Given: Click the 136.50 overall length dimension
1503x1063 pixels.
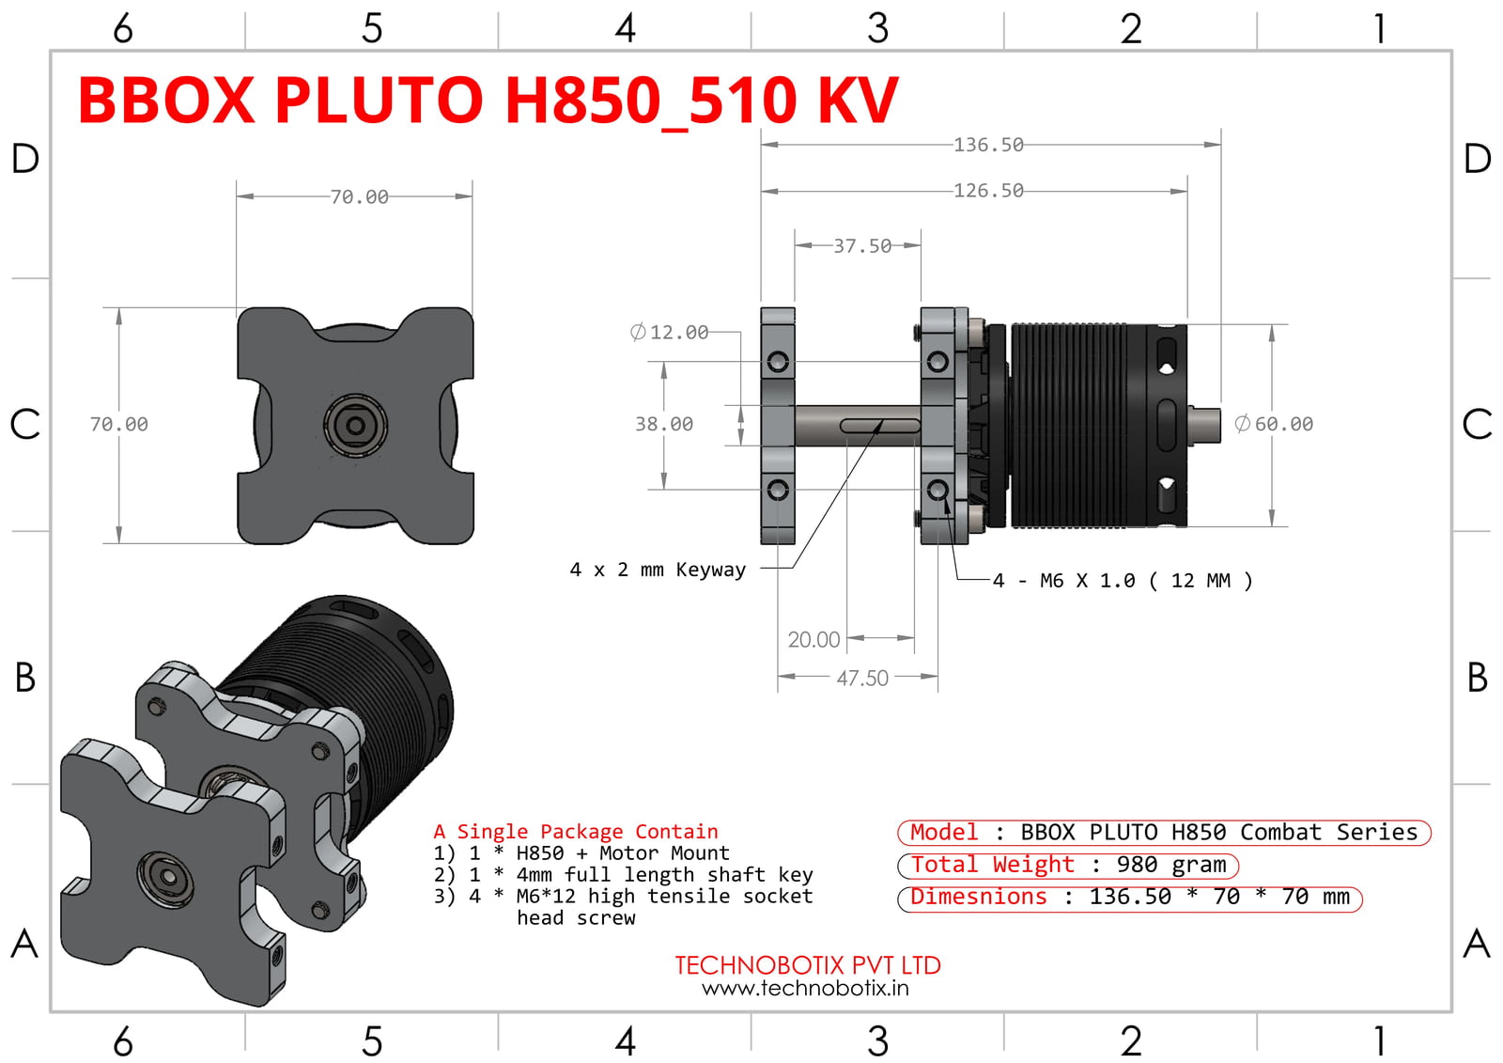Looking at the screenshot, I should (988, 145).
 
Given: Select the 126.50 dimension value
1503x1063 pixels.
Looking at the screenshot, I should (988, 191).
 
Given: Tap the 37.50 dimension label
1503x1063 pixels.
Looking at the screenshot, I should (862, 246).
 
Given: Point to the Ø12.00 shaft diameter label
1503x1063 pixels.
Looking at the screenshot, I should (670, 333).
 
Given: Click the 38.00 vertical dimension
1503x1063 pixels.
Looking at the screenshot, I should (664, 424).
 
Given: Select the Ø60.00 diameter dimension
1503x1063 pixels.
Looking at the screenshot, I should (1275, 424).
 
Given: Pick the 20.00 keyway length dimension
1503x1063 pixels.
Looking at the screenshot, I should (813, 640).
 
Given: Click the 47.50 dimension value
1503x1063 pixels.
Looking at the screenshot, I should (862, 678).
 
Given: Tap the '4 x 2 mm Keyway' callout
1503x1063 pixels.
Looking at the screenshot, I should (658, 570).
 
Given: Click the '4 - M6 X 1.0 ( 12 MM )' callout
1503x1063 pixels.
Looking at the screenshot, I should (1123, 581).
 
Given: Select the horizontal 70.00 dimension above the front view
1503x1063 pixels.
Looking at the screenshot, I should (359, 197).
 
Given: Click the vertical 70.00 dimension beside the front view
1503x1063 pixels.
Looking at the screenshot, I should (119, 424).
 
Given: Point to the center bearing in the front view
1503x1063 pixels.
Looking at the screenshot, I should (356, 426).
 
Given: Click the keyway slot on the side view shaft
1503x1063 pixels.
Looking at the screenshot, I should (879, 426).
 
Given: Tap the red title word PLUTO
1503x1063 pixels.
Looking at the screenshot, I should (379, 101).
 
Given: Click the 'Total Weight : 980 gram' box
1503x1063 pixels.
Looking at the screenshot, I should (1068, 865).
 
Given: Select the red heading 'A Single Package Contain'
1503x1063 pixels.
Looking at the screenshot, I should (575, 832).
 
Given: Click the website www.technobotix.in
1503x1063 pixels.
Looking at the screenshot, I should (805, 988).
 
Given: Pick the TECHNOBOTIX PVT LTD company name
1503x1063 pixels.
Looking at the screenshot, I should (807, 965).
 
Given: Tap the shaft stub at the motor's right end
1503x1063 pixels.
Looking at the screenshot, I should (1205, 423).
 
